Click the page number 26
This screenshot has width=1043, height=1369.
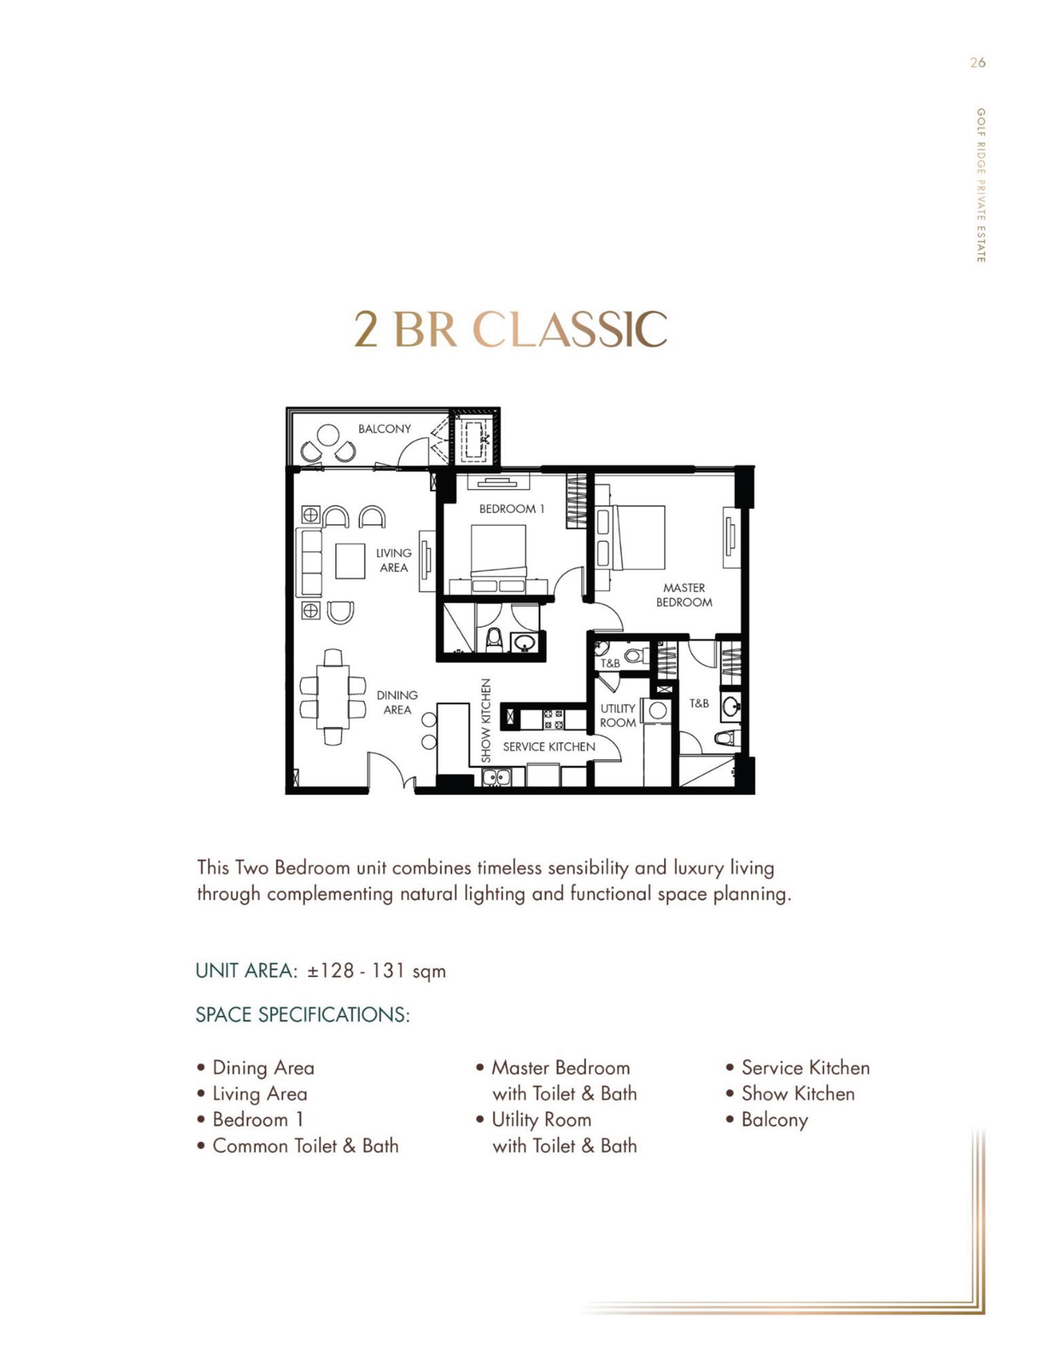978,63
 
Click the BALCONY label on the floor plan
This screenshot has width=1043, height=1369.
384,429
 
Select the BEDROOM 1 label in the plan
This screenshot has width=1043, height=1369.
511,509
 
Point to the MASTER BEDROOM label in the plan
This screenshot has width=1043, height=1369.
684,595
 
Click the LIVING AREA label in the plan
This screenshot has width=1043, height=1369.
394,560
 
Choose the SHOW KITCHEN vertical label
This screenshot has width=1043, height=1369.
486,720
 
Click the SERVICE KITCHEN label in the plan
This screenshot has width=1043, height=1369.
549,747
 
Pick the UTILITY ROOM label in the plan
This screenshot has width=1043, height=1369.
618,716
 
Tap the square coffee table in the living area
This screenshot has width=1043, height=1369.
351,561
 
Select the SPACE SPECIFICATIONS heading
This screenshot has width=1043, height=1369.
303,1014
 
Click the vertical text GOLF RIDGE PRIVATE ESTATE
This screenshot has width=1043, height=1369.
980,186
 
